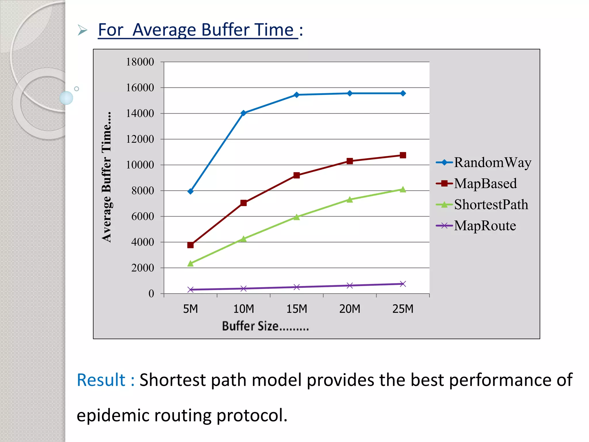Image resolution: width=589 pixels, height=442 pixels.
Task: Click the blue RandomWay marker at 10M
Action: pyautogui.click(x=243, y=113)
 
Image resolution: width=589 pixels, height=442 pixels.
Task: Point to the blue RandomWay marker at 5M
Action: pyautogui.click(x=190, y=191)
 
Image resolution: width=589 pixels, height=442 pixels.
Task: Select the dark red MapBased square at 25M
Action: pyautogui.click(x=403, y=155)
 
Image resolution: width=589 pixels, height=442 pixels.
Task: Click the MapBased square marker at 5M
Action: pyautogui.click(x=190, y=245)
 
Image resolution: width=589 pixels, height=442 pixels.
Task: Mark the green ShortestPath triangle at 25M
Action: pyautogui.click(x=403, y=190)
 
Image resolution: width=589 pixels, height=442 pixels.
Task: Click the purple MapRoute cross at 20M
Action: pyautogui.click(x=350, y=285)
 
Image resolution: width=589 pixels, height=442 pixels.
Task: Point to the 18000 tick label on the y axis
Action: pyautogui.click(x=140, y=62)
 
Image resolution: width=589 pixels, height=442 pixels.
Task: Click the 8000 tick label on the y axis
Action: pyautogui.click(x=143, y=190)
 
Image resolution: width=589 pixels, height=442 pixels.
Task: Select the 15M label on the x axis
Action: pyautogui.click(x=297, y=309)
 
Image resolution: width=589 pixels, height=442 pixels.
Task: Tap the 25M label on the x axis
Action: pyautogui.click(x=403, y=309)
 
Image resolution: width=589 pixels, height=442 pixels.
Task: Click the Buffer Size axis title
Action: pyautogui.click(x=265, y=326)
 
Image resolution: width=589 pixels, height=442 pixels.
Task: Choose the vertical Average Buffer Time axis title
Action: pyautogui.click(x=107, y=177)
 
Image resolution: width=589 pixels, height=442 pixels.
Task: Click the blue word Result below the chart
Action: pyautogui.click(x=101, y=380)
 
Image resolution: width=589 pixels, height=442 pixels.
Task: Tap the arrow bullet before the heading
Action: pyautogui.click(x=82, y=30)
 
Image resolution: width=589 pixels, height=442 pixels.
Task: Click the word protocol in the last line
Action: pyautogui.click(x=252, y=416)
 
